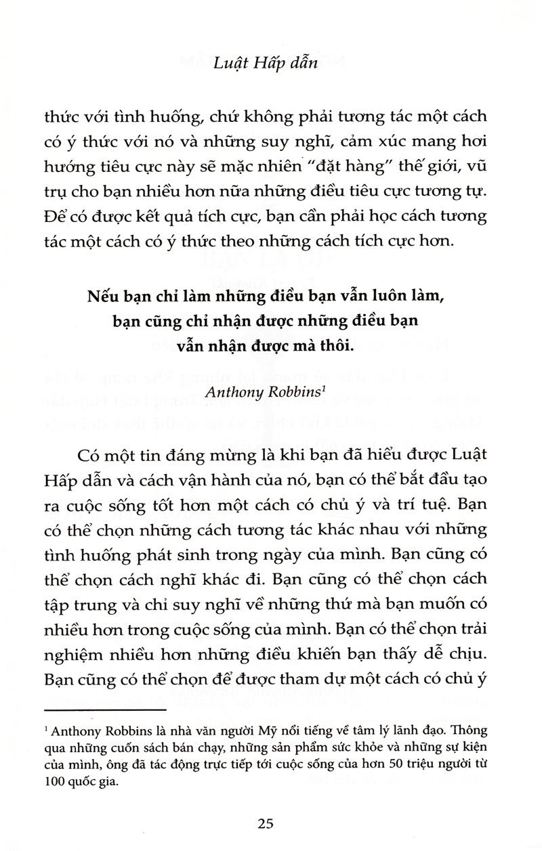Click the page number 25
coord(266,824)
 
